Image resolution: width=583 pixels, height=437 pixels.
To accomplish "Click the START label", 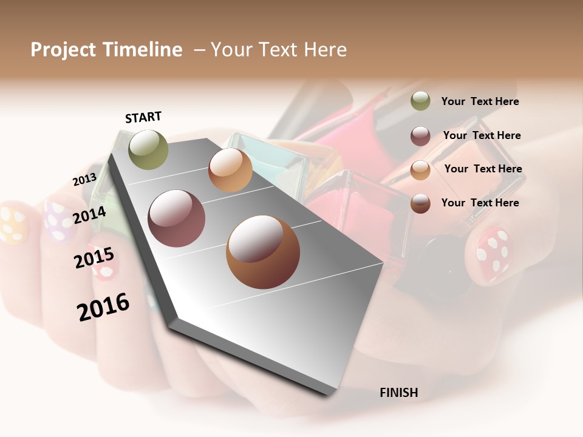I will click(143, 117).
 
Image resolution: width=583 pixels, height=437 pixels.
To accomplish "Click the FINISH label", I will click(398, 393).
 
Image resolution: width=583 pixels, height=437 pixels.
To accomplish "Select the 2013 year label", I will click(84, 180).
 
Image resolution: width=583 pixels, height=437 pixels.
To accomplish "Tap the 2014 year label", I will click(89, 215).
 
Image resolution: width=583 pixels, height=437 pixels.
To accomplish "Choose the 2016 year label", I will click(103, 307).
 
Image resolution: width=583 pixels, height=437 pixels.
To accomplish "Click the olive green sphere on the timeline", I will click(148, 149).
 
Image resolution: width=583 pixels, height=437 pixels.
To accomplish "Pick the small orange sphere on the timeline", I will click(230, 170).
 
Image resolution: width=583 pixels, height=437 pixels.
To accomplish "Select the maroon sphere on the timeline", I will click(176, 218).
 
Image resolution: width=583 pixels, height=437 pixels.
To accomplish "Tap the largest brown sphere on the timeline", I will click(262, 252).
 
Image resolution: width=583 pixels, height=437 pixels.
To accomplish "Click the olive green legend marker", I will click(420, 101).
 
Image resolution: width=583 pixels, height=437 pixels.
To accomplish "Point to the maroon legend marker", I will click(420, 135).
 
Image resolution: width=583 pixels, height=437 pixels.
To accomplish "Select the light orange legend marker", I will click(420, 169).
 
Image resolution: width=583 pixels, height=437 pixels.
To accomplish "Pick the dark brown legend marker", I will click(420, 203).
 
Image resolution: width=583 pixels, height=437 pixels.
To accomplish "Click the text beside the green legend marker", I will click(480, 101).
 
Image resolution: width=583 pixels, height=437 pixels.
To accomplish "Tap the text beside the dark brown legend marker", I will click(480, 203).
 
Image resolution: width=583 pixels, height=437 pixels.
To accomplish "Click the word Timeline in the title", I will click(143, 50).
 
